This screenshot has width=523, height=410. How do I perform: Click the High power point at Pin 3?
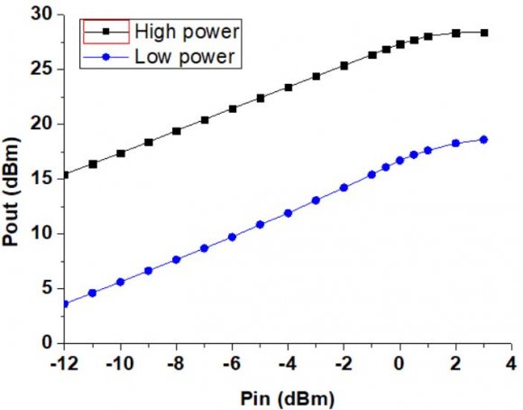coord(484,33)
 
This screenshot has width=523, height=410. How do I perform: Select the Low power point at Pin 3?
coord(484,139)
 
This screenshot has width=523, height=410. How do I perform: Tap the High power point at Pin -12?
coord(65,174)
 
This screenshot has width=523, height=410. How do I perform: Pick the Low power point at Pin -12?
coord(65,304)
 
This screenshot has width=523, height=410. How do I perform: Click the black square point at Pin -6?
coord(233,108)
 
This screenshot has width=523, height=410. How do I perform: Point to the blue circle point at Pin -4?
coord(289,213)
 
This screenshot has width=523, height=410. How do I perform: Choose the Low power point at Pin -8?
coord(177,259)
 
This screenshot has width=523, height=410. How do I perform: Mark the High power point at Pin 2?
coord(456,33)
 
